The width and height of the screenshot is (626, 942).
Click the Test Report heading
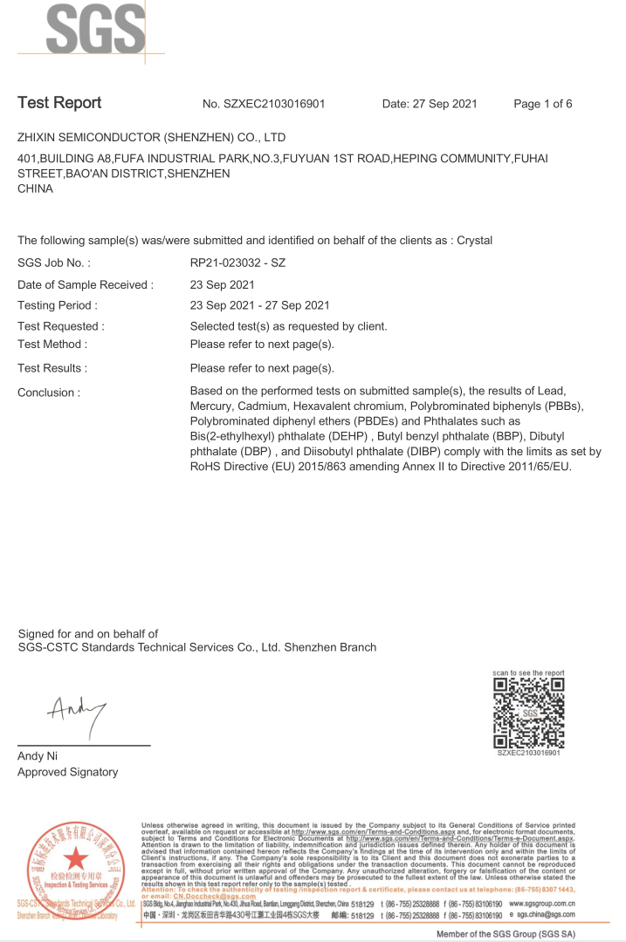click(59, 103)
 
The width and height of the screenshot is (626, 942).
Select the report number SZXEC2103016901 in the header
click(275, 105)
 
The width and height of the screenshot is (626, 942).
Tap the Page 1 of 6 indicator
click(542, 105)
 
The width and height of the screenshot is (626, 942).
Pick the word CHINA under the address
click(35, 188)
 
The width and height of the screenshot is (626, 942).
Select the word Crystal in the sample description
click(472, 240)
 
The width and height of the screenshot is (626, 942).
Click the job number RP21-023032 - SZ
click(237, 263)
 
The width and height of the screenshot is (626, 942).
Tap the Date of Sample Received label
click(86, 284)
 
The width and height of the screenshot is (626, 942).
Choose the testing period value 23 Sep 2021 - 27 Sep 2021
click(259, 305)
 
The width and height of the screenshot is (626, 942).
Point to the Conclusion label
click(49, 392)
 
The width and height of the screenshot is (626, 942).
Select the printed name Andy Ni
click(38, 756)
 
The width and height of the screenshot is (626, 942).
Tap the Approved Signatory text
click(67, 772)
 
